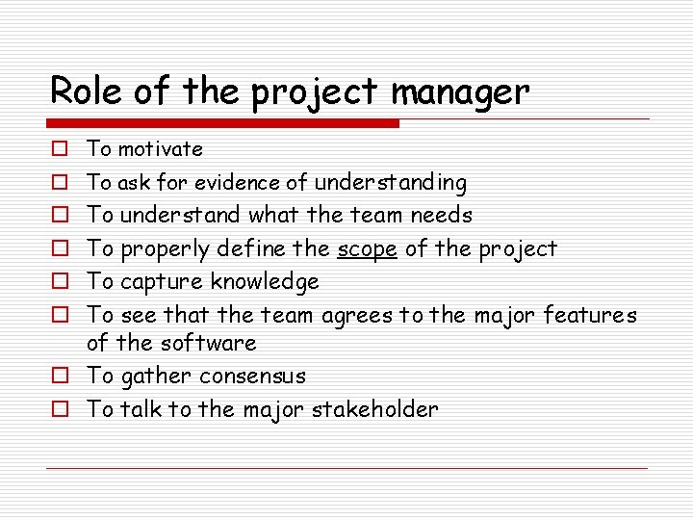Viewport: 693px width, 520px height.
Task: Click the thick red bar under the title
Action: pos(224,123)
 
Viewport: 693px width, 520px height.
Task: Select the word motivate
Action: pos(161,149)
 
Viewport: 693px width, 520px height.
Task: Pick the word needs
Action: pos(441,215)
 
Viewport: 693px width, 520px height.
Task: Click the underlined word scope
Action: pos(367,248)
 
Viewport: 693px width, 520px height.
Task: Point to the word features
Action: pos(590,314)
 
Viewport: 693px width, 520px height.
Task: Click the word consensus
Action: pos(252,376)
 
